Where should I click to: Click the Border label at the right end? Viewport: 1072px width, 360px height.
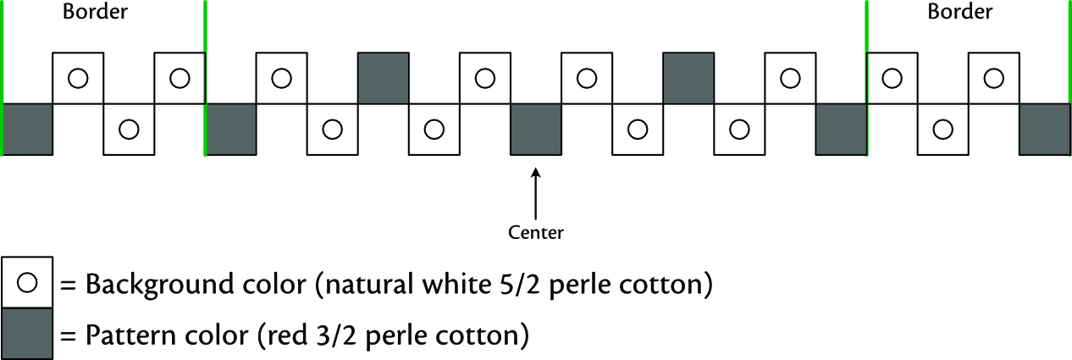[960, 13]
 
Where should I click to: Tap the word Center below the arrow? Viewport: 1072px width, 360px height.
[536, 230]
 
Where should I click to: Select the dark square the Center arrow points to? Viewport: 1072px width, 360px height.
[536, 130]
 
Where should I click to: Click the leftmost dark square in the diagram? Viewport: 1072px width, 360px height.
[28, 130]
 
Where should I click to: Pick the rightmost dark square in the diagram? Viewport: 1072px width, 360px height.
[1045, 130]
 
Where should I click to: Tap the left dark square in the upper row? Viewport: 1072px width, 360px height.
[384, 79]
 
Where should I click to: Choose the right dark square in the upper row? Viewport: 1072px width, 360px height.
[688, 79]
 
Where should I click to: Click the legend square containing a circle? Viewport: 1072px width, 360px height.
[28, 283]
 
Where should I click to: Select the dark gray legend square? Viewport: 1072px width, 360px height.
[28, 334]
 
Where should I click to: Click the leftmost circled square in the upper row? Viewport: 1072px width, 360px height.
[79, 79]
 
